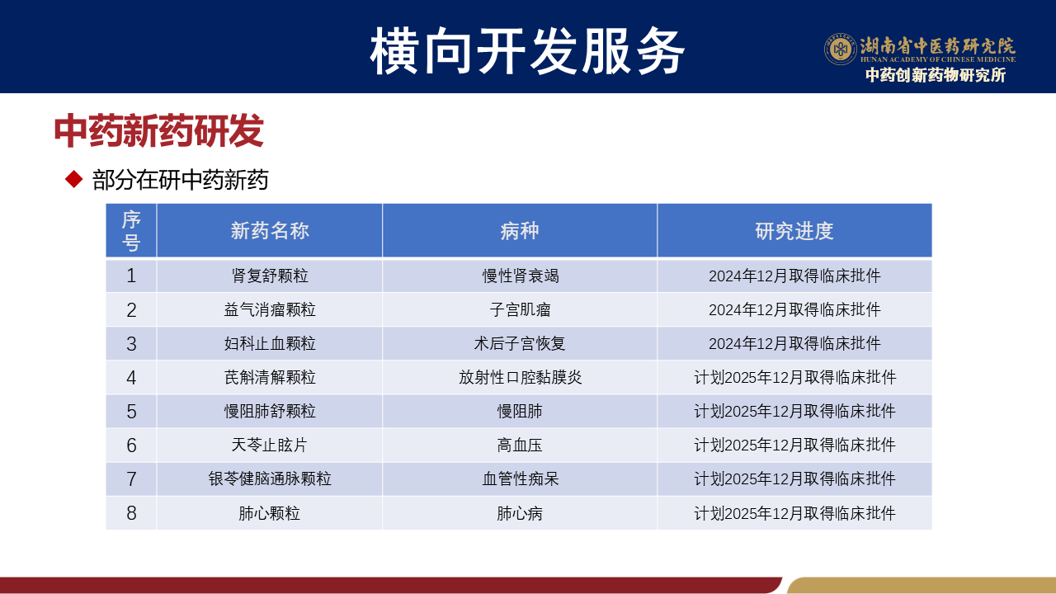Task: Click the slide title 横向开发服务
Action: [527, 51]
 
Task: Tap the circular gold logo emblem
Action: [840, 49]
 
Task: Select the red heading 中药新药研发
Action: [159, 130]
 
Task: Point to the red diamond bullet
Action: [74, 180]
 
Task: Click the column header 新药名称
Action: [270, 231]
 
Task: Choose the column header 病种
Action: [520, 231]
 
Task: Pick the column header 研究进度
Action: [794, 231]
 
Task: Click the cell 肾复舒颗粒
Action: [270, 276]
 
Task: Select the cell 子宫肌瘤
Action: [520, 309]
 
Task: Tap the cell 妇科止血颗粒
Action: [270, 344]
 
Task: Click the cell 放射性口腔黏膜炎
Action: [521, 378]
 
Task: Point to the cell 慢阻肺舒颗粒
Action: [270, 412]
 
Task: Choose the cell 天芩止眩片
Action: [270, 445]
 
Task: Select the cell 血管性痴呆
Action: [520, 479]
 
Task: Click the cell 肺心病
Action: [520, 513]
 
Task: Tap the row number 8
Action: [131, 513]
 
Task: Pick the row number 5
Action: [131, 412]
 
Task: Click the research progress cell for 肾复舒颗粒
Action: [794, 276]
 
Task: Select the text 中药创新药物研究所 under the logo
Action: [936, 75]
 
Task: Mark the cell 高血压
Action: [520, 445]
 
